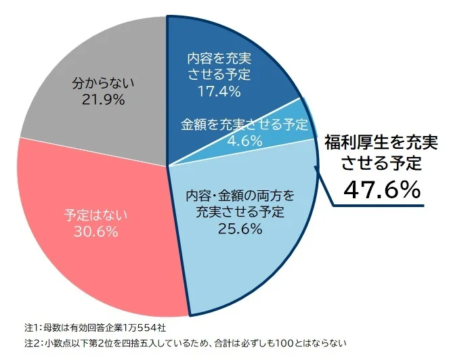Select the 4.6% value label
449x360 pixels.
pos(244,141)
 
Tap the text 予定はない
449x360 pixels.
pos(95,215)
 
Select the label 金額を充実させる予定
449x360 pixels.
pos(244,125)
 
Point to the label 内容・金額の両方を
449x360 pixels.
pos(240,197)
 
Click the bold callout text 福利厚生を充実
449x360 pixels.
pos(381,143)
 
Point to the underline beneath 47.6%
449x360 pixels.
pos(379,203)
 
